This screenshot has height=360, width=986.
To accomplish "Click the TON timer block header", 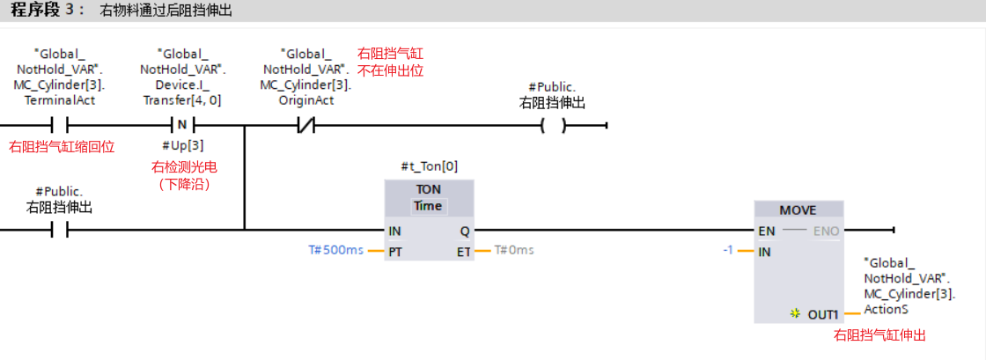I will [x=429, y=189].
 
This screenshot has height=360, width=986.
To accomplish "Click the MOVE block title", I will [x=798, y=210].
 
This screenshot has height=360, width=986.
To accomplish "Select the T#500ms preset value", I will [x=335, y=250].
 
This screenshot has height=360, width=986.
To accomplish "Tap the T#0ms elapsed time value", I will [x=514, y=250].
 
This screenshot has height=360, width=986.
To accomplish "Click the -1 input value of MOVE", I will [x=727, y=250].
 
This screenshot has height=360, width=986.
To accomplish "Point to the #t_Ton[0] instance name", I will [x=429, y=165].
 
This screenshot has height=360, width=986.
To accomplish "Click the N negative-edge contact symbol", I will [x=182, y=124].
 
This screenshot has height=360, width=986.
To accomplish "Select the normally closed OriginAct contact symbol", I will [x=305, y=124].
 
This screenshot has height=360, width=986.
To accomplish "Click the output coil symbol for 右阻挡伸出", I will [x=553, y=125].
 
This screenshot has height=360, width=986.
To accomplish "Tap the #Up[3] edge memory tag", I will [x=182, y=145].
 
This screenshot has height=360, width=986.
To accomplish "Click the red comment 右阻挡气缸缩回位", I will [x=62, y=146].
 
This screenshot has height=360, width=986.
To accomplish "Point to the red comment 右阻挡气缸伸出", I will [x=879, y=335].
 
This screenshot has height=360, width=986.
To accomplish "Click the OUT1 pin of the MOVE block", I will [x=824, y=313].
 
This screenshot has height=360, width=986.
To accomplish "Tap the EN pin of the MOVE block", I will [x=767, y=231].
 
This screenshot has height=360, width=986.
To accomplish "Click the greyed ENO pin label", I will [x=827, y=231].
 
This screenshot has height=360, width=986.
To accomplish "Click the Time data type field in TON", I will [x=429, y=206].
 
